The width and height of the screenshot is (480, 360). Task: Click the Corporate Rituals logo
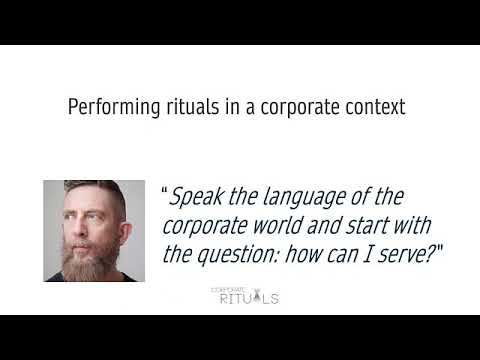point(244,294)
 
